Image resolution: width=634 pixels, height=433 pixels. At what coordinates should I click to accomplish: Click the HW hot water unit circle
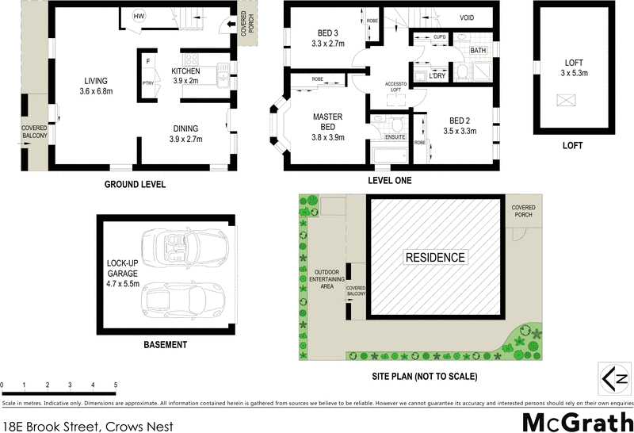pos(139,17)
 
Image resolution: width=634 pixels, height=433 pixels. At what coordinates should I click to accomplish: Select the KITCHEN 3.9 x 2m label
pos(186,75)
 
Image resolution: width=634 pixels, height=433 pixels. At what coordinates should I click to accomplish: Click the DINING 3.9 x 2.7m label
pos(186,133)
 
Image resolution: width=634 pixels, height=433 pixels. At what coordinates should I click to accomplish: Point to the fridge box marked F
pos(147,61)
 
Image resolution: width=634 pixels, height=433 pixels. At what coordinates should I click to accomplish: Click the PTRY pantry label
pos(147,81)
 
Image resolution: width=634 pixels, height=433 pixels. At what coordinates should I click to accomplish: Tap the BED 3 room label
pos(327,38)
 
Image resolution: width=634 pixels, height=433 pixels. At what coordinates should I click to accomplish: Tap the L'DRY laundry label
pos(436,75)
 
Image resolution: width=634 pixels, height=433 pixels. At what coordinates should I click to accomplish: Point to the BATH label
pos(477,51)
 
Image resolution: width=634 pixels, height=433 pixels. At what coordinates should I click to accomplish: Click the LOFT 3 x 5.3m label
pos(574,67)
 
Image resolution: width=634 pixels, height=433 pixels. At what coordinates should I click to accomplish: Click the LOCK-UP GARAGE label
pos(123,273)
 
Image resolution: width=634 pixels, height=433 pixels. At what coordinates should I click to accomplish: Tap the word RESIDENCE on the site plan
pos(435,258)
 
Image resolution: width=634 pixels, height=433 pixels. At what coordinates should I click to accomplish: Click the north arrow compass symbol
pos(613,379)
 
